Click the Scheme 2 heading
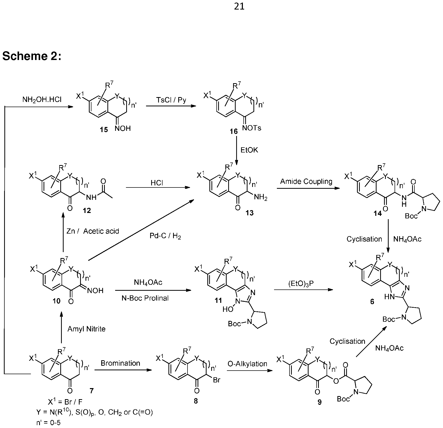(32, 56)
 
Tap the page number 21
(239, 6)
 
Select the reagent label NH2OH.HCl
(42, 100)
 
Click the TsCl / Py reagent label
(171, 100)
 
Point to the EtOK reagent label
(249, 150)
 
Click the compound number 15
(104, 130)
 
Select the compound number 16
(234, 132)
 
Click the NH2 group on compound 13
(261, 198)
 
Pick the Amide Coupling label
(306, 182)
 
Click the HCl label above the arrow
(157, 183)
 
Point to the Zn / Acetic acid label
(93, 231)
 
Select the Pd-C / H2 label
(165, 236)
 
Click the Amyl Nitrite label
(86, 329)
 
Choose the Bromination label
(120, 363)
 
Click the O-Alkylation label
(247, 364)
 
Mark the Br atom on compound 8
(217, 380)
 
